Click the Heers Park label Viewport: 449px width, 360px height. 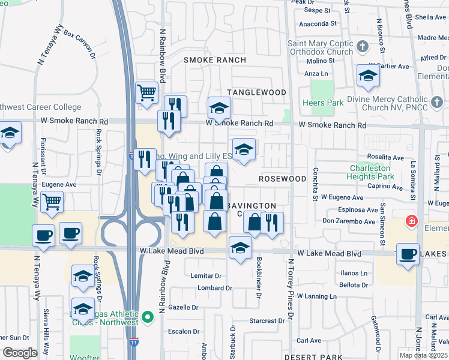point(324,103)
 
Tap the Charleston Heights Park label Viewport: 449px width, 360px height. point(371,173)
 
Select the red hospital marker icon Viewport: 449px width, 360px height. point(411,221)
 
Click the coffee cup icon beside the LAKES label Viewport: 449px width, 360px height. point(408,254)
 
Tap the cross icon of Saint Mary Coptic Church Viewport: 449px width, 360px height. point(362,46)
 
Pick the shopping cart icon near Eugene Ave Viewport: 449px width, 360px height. point(52,202)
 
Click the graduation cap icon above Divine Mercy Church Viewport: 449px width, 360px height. point(368,76)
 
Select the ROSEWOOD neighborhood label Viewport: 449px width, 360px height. point(283,179)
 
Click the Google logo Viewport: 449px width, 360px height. point(20,353)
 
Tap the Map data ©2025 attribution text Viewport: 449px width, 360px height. point(423,355)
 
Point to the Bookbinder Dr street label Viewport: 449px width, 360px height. point(259,277)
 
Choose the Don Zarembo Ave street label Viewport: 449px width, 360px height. point(349,221)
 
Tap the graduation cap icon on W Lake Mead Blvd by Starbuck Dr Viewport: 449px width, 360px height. point(240,247)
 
